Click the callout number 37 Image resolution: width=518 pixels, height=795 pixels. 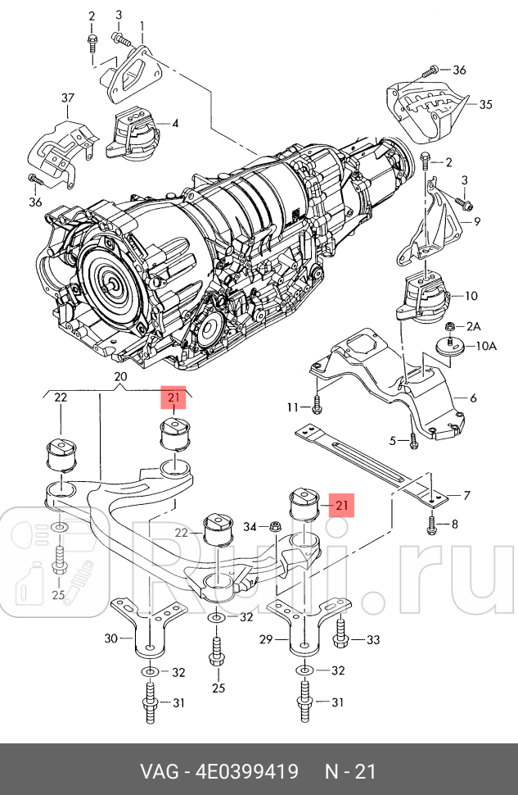(x=66, y=99)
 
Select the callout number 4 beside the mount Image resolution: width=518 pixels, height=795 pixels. (x=174, y=124)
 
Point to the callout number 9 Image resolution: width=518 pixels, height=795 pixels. (x=476, y=221)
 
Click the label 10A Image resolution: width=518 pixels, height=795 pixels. (x=486, y=347)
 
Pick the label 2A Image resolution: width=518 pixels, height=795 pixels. (x=473, y=327)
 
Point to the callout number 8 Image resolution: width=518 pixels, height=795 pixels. (x=455, y=524)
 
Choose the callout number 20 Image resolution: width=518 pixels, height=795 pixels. (x=122, y=378)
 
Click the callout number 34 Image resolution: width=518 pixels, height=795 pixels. (x=251, y=526)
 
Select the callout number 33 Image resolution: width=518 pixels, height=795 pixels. (x=372, y=639)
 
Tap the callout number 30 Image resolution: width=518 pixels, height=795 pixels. (x=112, y=638)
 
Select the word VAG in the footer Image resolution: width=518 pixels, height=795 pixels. (x=161, y=771)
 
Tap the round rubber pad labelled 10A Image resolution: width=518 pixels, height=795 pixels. (x=451, y=348)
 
